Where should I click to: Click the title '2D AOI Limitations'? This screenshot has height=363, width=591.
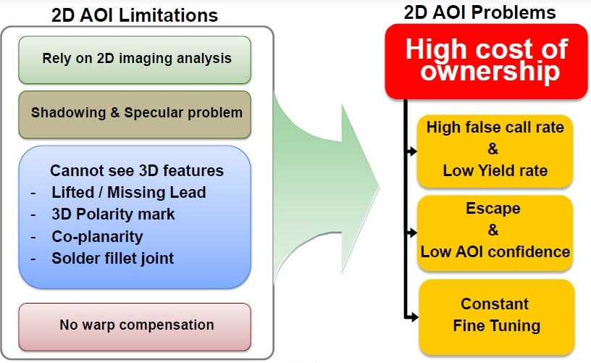135,15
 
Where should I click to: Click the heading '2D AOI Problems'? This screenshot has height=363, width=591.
479,12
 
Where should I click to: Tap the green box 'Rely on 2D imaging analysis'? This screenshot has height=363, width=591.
135,59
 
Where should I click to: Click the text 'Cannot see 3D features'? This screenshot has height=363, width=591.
137,171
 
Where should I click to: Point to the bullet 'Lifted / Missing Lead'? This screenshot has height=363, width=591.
128,193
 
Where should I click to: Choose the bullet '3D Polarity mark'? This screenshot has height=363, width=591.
113,214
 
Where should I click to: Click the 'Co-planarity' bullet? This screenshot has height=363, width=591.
97,237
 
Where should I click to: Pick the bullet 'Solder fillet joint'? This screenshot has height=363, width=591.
113,259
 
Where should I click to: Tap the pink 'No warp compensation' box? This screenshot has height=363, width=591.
135,327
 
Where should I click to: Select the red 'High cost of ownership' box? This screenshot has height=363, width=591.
486,62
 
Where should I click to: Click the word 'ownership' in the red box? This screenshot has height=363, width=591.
490,71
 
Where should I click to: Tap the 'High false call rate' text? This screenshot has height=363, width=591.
495,128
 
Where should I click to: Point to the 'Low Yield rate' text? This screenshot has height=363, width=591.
495,171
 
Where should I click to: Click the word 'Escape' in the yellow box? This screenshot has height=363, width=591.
493,209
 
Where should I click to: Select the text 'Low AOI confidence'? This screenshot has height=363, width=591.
495,252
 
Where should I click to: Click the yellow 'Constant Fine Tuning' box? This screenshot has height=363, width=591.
496,317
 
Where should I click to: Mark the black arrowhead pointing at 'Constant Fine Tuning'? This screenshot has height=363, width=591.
414,317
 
